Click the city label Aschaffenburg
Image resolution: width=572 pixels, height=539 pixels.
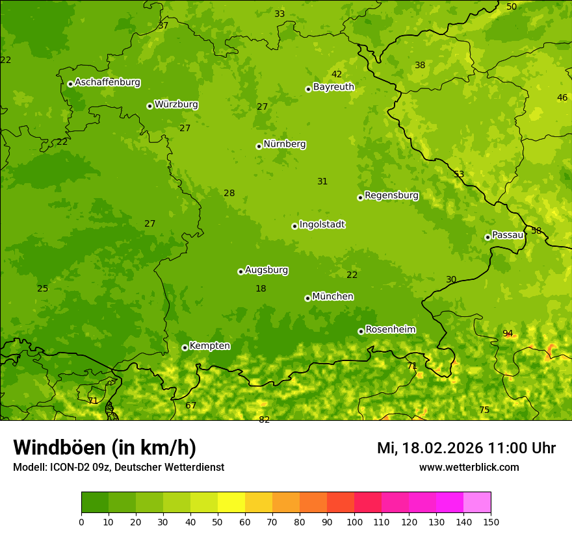pyautogui.click(x=107, y=82)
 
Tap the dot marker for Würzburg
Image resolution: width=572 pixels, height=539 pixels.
pyautogui.click(x=149, y=106)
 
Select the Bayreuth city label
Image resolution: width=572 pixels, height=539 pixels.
pyautogui.click(x=333, y=86)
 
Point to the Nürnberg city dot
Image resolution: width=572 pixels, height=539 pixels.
pyautogui.click(x=259, y=146)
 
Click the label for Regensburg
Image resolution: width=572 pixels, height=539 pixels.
pyautogui.click(x=391, y=195)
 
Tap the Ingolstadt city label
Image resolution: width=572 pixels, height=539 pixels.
pyautogui.click(x=322, y=225)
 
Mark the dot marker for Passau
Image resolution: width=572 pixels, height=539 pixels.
pyautogui.click(x=487, y=237)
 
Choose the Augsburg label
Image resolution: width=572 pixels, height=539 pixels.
pyautogui.click(x=266, y=270)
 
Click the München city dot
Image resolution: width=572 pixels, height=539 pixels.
pyautogui.click(x=307, y=298)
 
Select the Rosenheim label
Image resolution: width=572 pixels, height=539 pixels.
pyautogui.click(x=390, y=329)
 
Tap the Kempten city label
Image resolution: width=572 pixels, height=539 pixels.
pyautogui.click(x=209, y=345)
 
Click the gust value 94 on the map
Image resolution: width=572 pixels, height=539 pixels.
pyautogui.click(x=508, y=333)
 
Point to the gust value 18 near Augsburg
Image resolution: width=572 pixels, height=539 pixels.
pyautogui.click(x=261, y=288)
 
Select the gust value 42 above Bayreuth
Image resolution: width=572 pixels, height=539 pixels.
pyautogui.click(x=337, y=74)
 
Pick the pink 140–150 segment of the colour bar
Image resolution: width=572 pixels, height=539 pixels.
pyautogui.click(x=477, y=502)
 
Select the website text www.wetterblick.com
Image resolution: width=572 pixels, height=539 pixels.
pyautogui.click(x=469, y=467)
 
